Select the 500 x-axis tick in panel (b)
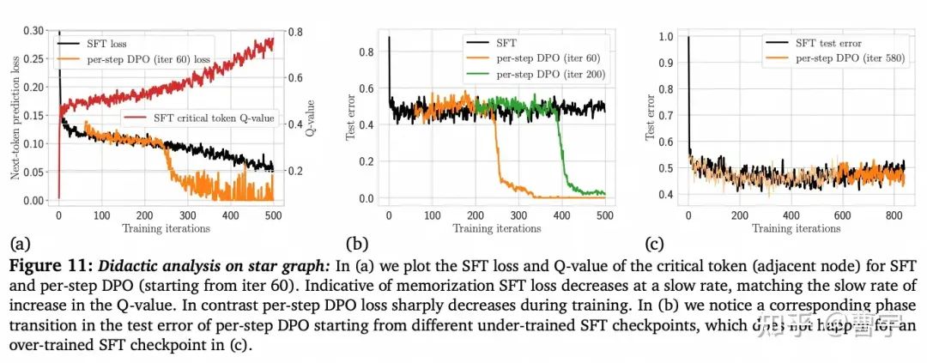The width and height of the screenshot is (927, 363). tap(604, 215)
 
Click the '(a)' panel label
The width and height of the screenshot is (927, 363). tap(15, 242)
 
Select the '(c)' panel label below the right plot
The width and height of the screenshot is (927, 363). tap(656, 242)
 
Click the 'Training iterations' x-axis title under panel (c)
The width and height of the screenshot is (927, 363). tap(796, 228)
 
